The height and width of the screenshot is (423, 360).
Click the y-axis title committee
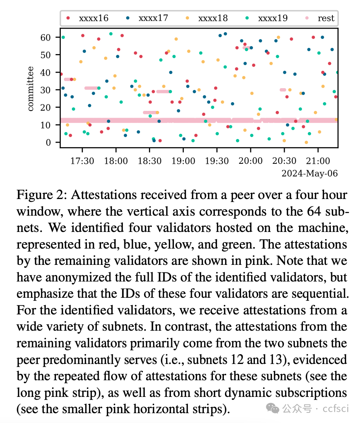pyautogui.click(x=31, y=89)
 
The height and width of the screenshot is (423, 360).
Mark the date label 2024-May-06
pyautogui.click(x=310, y=173)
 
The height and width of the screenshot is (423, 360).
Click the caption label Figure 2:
pyautogui.click(x=42, y=195)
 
